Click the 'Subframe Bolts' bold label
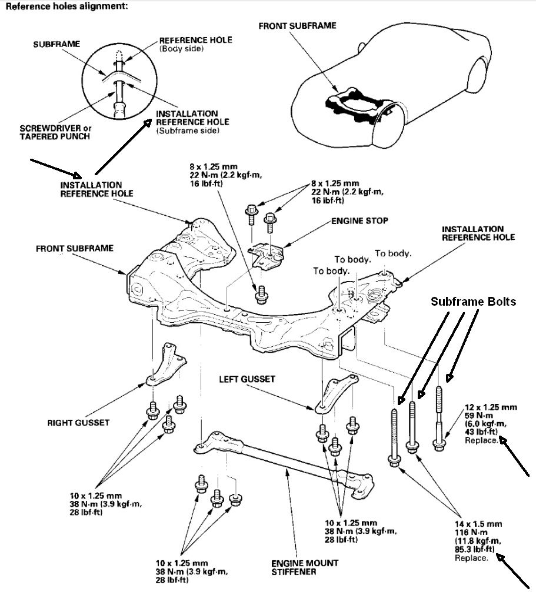(x=473, y=302)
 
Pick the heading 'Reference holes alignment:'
(x=65, y=8)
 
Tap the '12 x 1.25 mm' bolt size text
(x=490, y=407)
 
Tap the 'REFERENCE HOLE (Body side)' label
(x=187, y=44)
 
